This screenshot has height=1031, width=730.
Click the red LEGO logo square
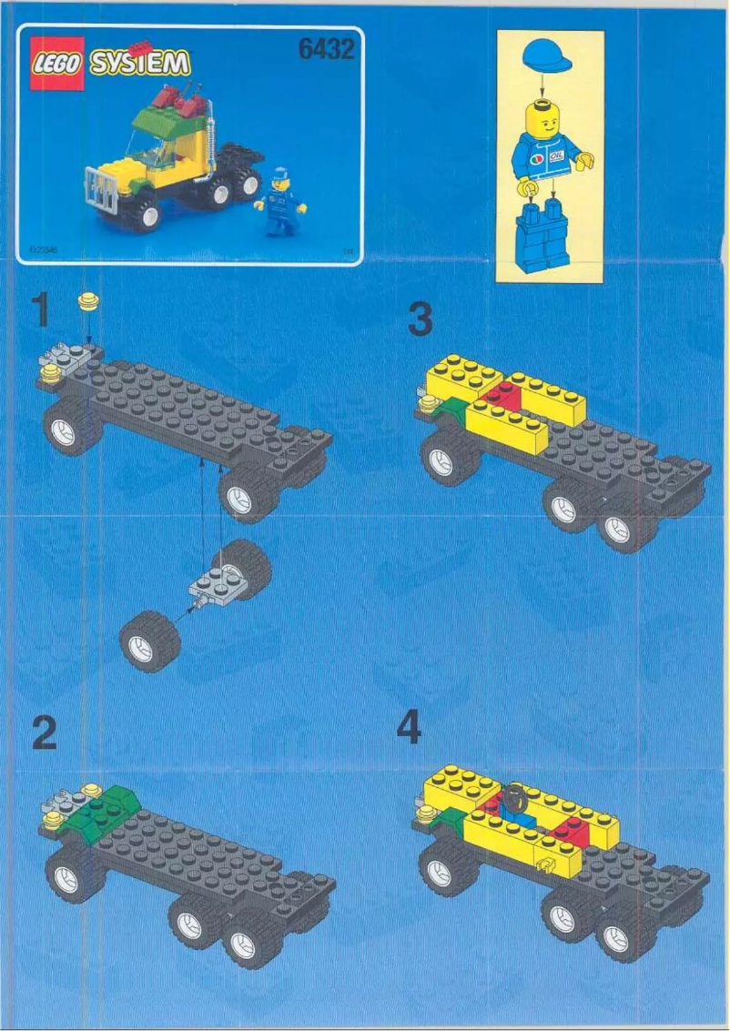57,63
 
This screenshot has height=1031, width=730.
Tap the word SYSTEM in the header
141,63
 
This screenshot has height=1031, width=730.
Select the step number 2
44,733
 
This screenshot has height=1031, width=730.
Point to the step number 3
420,320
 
